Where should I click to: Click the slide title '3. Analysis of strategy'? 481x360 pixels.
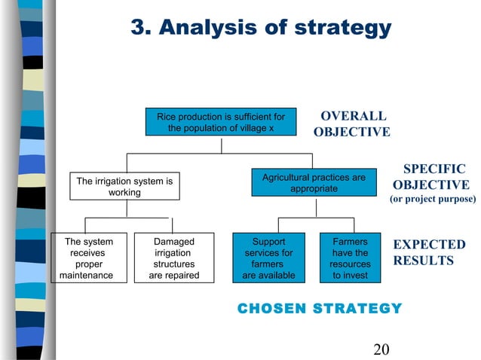coord(261,28)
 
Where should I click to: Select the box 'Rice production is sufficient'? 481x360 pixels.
coord(220,122)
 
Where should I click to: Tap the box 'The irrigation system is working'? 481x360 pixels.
coord(124,187)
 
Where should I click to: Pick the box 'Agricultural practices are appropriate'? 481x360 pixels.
coord(314,183)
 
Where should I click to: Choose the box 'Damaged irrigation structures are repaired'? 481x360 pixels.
coord(173,258)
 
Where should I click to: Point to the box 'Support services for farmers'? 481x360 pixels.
coord(268,258)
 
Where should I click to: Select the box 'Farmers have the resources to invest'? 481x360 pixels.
coord(350,258)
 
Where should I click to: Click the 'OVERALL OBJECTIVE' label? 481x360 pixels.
coord(352,124)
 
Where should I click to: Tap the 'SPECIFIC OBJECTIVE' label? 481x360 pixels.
coord(431,177)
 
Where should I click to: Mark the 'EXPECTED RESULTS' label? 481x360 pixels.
coord(429,252)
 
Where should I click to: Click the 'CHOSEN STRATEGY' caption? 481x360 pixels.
coord(320,308)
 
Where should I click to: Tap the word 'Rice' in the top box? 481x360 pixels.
coord(167,117)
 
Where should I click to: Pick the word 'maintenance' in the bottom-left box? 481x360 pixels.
coord(86,276)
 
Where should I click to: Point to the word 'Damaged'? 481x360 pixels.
coord(173,242)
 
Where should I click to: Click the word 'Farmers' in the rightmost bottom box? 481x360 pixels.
coord(350,242)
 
